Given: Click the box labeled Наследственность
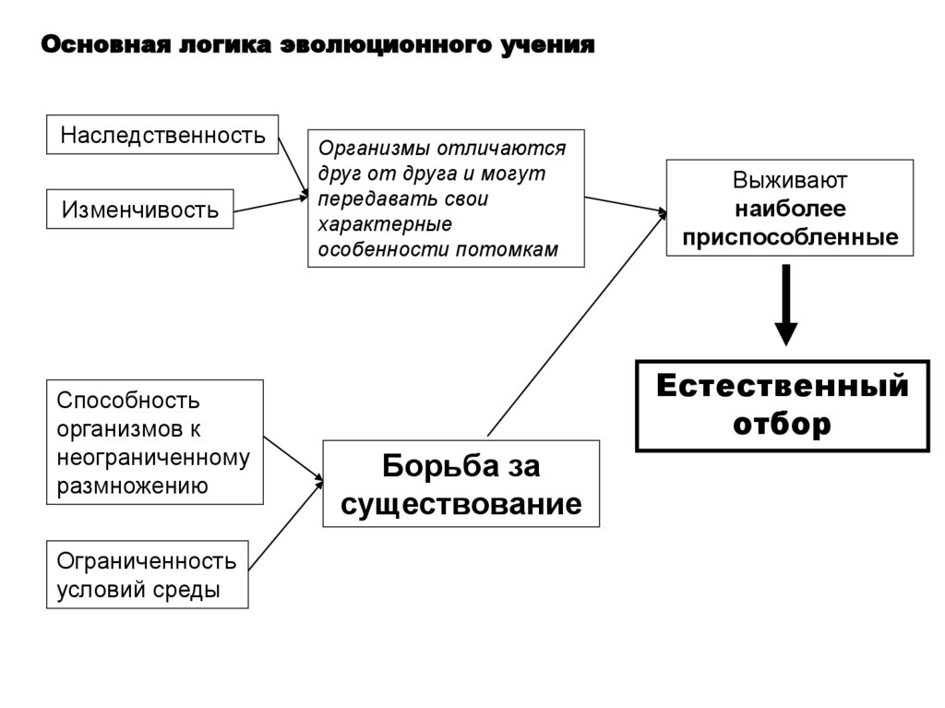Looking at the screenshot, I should (162, 136).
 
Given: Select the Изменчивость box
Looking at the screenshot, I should (140, 210).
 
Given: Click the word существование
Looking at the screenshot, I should (461, 504).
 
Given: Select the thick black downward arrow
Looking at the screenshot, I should (785, 306).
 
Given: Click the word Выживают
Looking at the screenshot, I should (790, 179).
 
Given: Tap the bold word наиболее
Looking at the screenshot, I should (790, 209).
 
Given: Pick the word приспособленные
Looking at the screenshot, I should (790, 237).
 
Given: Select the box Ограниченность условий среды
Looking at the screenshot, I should (148, 574).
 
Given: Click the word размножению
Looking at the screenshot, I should (132, 486).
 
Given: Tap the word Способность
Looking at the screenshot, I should (128, 401).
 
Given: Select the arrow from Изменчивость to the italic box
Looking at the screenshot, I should (269, 205).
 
